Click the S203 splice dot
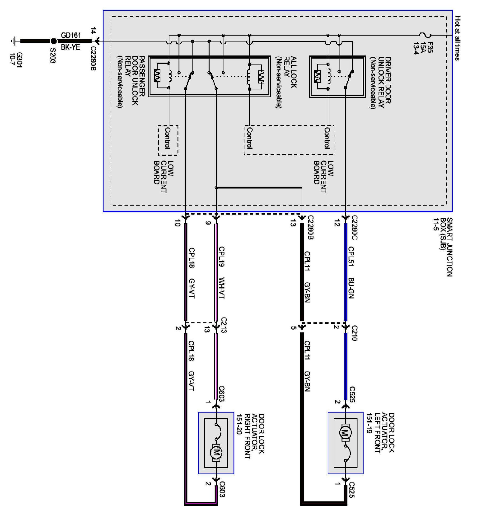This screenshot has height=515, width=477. (x=53, y=41)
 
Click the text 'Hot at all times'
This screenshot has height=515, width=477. (x=458, y=38)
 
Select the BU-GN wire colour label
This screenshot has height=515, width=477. (x=351, y=288)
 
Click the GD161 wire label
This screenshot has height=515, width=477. (x=71, y=35)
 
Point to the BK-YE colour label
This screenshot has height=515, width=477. (x=70, y=47)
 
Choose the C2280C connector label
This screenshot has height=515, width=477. (x=355, y=227)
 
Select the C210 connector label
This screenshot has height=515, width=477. (x=355, y=333)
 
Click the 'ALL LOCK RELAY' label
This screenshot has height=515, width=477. (x=290, y=73)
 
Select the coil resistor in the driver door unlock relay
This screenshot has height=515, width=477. (x=317, y=77)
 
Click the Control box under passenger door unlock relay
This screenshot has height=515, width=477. (x=168, y=140)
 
